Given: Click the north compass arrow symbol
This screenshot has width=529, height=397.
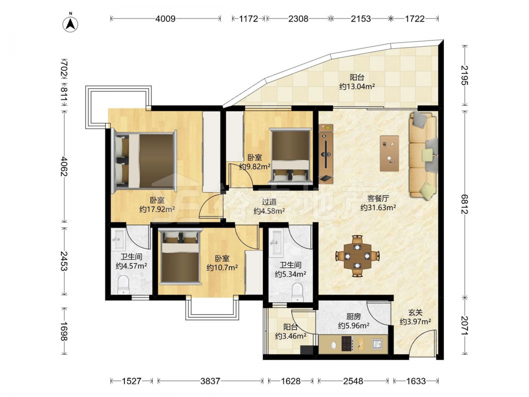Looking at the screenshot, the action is click(70, 24).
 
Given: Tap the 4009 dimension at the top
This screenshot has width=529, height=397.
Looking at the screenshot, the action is click(165, 19).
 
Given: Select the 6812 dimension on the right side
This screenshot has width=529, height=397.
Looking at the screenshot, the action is click(464, 204).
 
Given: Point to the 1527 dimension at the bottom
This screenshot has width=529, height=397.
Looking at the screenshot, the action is click(132, 381).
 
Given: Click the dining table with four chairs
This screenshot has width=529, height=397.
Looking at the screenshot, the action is click(357, 256).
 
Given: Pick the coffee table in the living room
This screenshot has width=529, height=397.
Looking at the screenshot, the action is click(389, 154).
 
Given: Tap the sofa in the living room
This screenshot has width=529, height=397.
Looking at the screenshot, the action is click(423, 155).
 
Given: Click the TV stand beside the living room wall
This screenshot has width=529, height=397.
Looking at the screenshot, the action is click(326, 154).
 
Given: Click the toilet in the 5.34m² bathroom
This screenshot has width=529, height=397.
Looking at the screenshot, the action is click(297, 292).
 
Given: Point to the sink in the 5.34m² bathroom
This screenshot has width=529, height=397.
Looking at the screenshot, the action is click(276, 242).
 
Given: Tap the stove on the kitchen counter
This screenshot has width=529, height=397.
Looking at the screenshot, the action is click(348, 344).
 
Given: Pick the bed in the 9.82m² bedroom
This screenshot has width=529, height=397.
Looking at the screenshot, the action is click(290, 156).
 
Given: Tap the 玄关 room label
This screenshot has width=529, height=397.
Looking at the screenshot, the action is click(415, 313).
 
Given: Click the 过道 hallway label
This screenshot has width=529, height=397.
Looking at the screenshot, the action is click(269, 202).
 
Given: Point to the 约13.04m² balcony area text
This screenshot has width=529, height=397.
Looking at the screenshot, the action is click(357, 86).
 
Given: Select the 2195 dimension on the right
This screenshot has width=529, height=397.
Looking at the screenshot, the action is click(464, 75).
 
